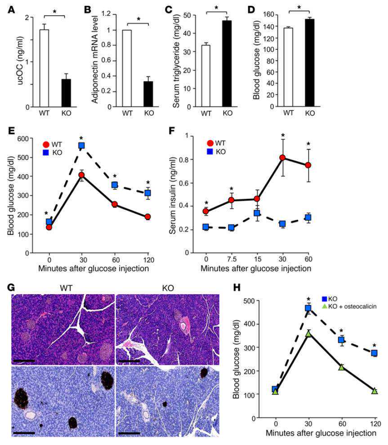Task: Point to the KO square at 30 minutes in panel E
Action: [82, 145]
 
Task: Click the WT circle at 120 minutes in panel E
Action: [147, 217]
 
